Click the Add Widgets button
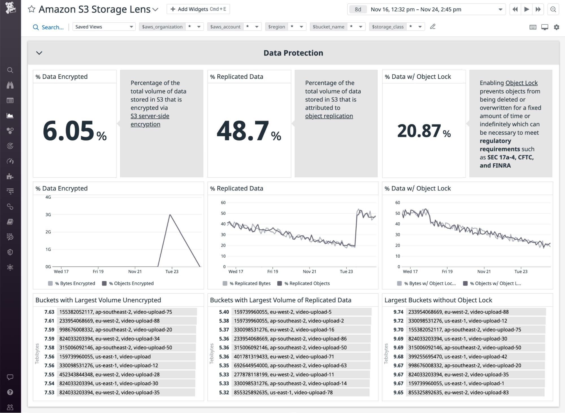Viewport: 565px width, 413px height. pos(198,9)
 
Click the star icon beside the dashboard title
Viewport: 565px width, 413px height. pos(31,9)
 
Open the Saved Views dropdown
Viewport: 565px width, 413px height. pos(104,27)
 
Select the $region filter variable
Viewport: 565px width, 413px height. pos(276,27)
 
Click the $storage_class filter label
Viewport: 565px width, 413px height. pos(388,27)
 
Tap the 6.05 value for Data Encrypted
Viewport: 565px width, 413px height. pos(69,131)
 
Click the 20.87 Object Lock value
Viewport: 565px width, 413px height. pos(419,131)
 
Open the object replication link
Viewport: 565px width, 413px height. pos(329,116)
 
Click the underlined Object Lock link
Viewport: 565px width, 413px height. pos(521,83)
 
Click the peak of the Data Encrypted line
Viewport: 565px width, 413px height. pos(170,215)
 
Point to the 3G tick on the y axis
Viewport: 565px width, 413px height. pos(48,215)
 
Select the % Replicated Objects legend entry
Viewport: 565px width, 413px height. pos(307,283)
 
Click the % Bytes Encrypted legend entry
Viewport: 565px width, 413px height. pos(75,283)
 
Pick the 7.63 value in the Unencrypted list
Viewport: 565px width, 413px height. pos(49,312)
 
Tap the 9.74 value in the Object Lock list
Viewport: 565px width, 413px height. pos(398,312)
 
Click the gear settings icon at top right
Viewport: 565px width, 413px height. pos(556,27)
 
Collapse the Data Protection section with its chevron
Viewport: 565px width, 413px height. pos(39,53)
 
